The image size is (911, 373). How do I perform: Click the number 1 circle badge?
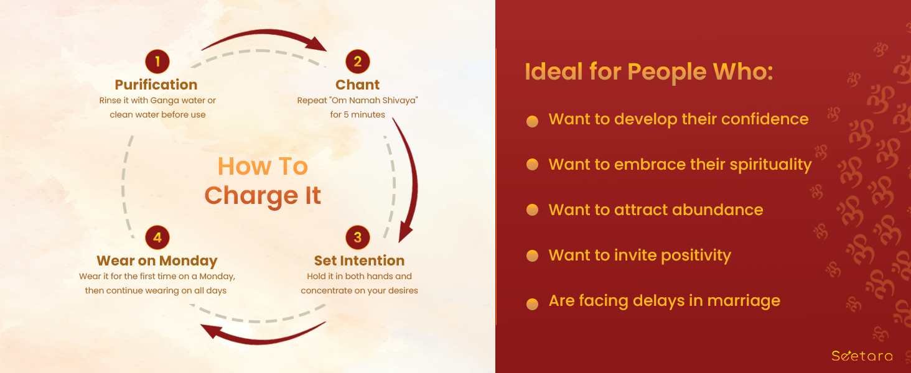coord(157,62)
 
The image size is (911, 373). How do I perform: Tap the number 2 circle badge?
coord(357,62)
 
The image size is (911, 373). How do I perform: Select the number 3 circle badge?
coord(357,237)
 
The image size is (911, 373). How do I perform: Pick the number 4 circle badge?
coord(157,237)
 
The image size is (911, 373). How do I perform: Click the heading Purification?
coord(156,85)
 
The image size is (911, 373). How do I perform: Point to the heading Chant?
coord(357,85)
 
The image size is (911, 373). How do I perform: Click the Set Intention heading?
coord(359,260)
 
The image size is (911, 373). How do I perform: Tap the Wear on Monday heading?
coord(157,261)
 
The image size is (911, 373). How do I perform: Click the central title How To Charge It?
coord(263,181)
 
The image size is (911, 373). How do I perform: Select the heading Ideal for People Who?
coord(648,72)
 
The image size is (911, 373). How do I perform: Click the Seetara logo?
coord(862,356)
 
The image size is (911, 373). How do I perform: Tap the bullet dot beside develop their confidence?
coord(533,121)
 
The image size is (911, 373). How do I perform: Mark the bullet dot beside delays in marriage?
coord(533,304)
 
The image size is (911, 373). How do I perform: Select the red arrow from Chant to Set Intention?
coord(407,179)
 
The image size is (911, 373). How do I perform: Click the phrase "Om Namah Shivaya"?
coord(375,100)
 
